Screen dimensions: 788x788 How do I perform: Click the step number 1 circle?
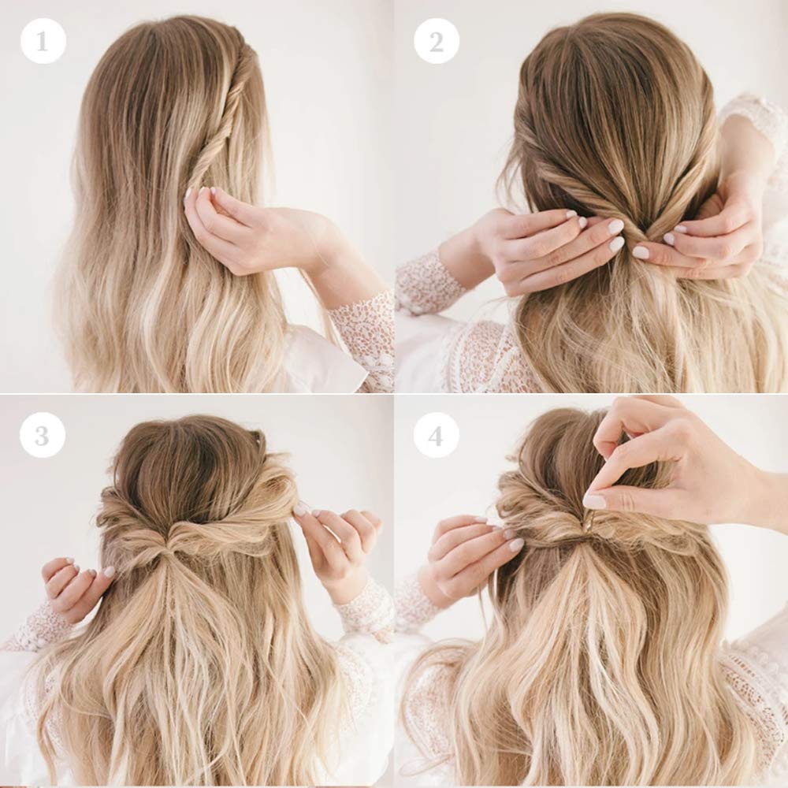tap(43, 41)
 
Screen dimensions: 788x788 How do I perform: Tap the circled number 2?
tap(437, 41)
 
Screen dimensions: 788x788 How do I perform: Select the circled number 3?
tap(43, 435)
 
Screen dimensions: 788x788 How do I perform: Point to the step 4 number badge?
tap(436, 435)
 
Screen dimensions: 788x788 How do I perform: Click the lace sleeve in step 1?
tap(359, 336)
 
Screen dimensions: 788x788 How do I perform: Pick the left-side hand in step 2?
tap(543, 246)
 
